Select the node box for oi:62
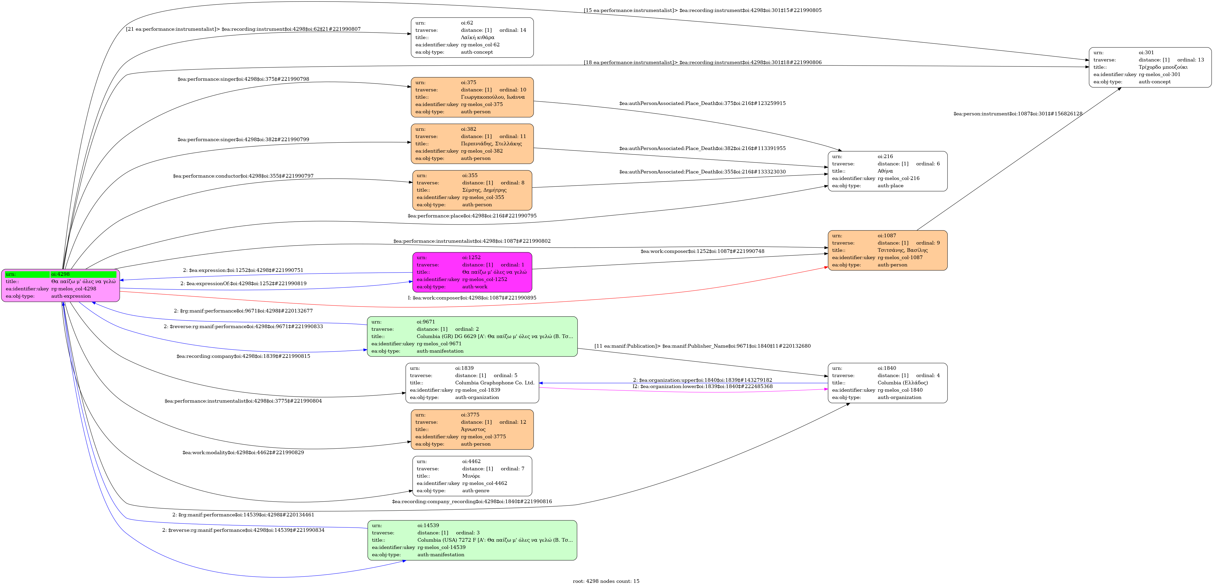tap(472, 38)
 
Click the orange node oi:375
tap(472, 97)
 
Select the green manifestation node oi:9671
tap(472, 336)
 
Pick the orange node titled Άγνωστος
tap(472, 429)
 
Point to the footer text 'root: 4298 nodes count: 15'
tap(606, 581)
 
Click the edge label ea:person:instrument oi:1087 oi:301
tap(1018, 114)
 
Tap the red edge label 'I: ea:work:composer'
tap(472, 298)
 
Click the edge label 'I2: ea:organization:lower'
tap(702, 386)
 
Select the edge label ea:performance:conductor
tap(243, 176)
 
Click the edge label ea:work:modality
tap(243, 452)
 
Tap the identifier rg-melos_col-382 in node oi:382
tap(482, 151)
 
